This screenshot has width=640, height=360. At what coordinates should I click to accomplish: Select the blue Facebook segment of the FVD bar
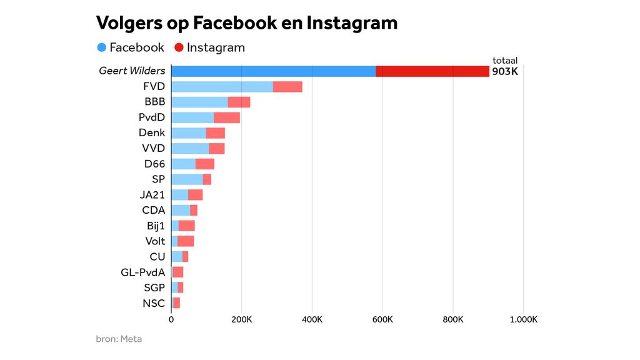click(x=222, y=87)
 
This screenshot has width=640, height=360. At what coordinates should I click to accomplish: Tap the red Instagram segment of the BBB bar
click(x=239, y=102)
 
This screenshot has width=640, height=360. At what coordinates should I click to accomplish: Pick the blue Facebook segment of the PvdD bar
click(x=192, y=117)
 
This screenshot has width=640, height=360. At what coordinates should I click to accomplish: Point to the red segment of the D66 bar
click(x=205, y=164)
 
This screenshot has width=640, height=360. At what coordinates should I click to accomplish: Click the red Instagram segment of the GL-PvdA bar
click(x=178, y=272)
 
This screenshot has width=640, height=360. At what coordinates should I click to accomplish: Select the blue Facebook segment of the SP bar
click(x=187, y=179)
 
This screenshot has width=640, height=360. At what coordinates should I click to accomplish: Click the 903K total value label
click(x=505, y=71)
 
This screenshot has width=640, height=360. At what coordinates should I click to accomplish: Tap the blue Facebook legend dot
click(x=102, y=47)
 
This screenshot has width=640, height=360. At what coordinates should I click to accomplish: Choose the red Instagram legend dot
click(x=179, y=47)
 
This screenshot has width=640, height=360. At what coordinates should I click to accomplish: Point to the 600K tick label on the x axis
click(x=382, y=320)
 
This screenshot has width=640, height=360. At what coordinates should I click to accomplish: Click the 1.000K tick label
click(x=523, y=320)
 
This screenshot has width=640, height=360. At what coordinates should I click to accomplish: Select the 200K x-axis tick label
click(x=242, y=320)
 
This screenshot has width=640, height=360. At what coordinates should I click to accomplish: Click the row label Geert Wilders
click(x=132, y=71)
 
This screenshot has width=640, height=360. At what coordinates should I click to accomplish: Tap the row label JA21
click(x=152, y=194)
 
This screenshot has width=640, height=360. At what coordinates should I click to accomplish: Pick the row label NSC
click(x=154, y=304)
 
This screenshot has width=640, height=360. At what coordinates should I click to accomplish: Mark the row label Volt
click(x=155, y=241)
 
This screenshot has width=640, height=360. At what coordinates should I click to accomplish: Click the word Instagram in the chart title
click(x=352, y=23)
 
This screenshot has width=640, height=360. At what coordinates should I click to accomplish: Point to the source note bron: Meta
click(x=119, y=339)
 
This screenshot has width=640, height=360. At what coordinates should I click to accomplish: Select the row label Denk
click(x=152, y=132)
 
